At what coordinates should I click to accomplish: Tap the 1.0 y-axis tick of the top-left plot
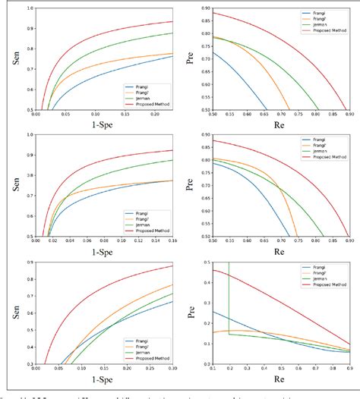(x=28, y=8)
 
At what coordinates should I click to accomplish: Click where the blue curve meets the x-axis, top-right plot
(x=267, y=108)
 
